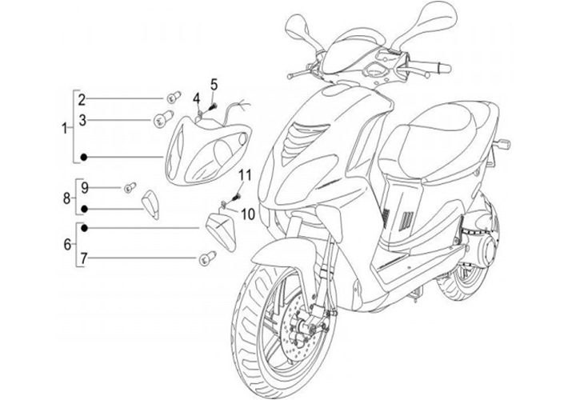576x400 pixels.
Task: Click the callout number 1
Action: (66, 127)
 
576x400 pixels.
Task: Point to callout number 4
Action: (195, 98)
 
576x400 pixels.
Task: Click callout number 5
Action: (214, 84)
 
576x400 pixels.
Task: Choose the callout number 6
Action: (67, 243)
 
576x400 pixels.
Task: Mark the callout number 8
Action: (67, 198)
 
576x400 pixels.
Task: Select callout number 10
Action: (247, 214)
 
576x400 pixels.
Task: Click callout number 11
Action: (245, 175)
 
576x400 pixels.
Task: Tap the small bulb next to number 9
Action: (126, 188)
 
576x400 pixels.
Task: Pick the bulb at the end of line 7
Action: (206, 258)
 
